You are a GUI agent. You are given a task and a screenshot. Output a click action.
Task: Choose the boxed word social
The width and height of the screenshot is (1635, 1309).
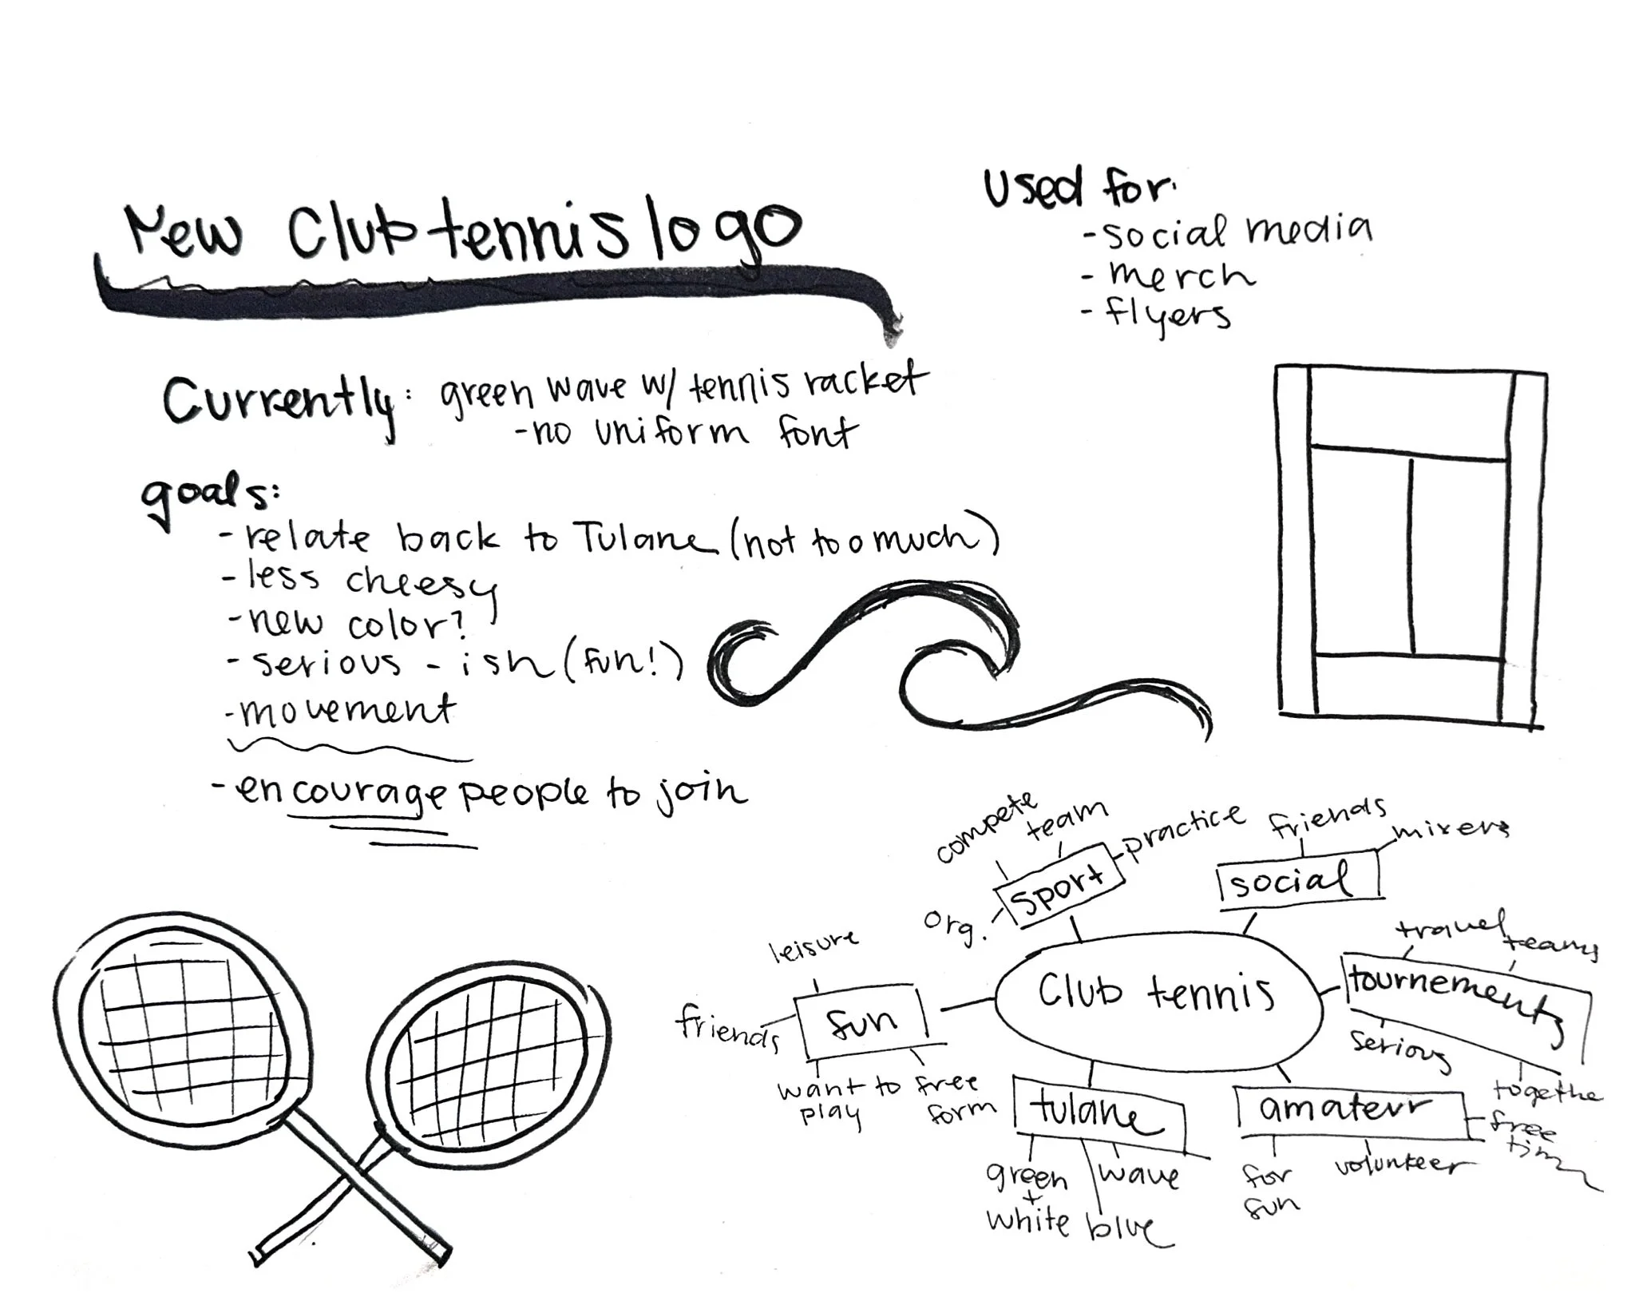pos(1297,879)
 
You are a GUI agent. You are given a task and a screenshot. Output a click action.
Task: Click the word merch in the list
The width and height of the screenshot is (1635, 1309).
pos(1180,276)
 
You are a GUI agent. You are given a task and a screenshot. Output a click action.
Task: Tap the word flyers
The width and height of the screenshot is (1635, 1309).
pos(1167,315)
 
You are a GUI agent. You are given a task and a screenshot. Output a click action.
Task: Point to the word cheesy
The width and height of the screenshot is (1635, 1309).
pos(419,585)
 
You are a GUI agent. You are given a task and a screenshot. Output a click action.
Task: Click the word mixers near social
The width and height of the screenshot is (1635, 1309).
pos(1451,831)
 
